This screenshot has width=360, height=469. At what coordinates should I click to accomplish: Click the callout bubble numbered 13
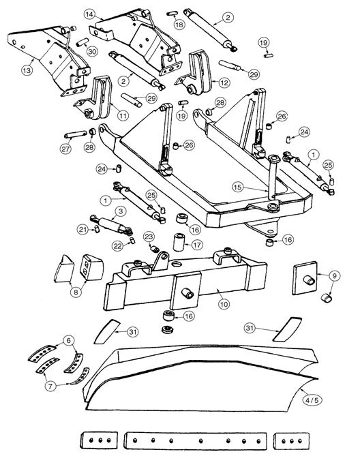pyautogui.click(x=27, y=71)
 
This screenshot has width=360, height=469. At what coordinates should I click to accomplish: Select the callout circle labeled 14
pyautogui.click(x=90, y=14)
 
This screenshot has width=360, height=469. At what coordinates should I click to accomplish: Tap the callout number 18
pyautogui.click(x=179, y=25)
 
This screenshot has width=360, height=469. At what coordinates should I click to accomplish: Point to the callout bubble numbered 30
pyautogui.click(x=93, y=51)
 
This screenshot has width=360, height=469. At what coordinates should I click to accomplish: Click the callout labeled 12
pyautogui.click(x=224, y=82)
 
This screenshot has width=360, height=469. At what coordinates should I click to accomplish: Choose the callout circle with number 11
pyautogui.click(x=123, y=115)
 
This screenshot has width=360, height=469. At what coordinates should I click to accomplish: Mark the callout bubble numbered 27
pyautogui.click(x=66, y=149)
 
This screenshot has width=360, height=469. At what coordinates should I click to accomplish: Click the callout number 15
pyautogui.click(x=238, y=187)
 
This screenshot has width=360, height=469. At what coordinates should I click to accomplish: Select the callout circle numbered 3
pyautogui.click(x=120, y=211)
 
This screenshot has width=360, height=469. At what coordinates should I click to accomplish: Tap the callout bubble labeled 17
pyautogui.click(x=197, y=245)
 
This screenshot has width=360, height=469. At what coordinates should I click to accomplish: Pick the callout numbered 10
pyautogui.click(x=224, y=304)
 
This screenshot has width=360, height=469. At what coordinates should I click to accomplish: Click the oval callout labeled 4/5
pyautogui.click(x=312, y=400)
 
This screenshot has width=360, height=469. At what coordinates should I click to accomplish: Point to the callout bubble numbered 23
pyautogui.click(x=149, y=237)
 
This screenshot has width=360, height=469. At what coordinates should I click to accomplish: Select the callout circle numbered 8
pyautogui.click(x=76, y=292)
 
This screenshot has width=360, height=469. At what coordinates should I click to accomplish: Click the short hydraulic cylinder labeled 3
pyautogui.click(x=110, y=225)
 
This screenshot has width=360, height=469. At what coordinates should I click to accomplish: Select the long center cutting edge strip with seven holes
pyautogui.click(x=195, y=441)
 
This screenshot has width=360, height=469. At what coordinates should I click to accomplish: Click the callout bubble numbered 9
pyautogui.click(x=335, y=276)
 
